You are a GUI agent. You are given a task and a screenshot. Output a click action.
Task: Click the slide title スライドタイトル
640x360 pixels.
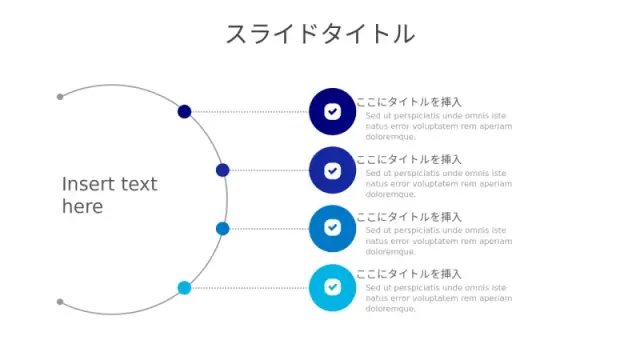coord(320,33)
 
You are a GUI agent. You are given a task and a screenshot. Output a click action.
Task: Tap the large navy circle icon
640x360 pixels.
coord(332,111)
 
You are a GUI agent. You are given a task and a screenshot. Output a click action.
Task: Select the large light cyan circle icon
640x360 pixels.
coord(332,288)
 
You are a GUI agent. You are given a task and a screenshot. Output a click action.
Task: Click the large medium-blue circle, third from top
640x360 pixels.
coord(332,229)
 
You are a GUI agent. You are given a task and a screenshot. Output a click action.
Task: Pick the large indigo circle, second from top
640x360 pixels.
coord(332,170)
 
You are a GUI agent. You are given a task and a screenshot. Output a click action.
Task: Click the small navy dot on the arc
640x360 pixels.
coord(184,111)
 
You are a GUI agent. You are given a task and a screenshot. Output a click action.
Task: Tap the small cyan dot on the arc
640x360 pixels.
coord(184,288)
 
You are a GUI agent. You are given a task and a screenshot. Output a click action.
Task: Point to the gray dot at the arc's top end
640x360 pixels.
coord(60,97)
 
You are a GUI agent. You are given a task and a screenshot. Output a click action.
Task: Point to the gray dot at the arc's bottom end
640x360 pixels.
coord(60,302)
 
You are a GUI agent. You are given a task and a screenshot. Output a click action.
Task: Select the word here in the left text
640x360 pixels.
coord(82,207)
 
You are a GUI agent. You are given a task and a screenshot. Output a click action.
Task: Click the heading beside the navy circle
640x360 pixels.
coord(409,102)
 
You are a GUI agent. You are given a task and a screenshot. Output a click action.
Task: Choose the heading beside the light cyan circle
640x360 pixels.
coord(409,274)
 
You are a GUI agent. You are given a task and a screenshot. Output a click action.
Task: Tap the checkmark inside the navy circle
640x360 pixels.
coord(333,111)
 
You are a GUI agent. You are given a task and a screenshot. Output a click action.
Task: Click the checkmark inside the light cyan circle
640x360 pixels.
coord(333,287)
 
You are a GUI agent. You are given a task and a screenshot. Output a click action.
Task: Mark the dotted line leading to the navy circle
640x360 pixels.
coord(250,111)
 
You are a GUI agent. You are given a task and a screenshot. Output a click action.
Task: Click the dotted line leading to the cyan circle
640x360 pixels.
coord(250,288)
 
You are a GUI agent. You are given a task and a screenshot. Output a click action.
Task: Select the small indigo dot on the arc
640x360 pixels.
coord(222,170)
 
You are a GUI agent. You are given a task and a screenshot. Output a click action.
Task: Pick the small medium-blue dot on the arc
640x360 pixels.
coord(222,229)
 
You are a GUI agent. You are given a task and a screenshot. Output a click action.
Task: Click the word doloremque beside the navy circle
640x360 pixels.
coord(390,137)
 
